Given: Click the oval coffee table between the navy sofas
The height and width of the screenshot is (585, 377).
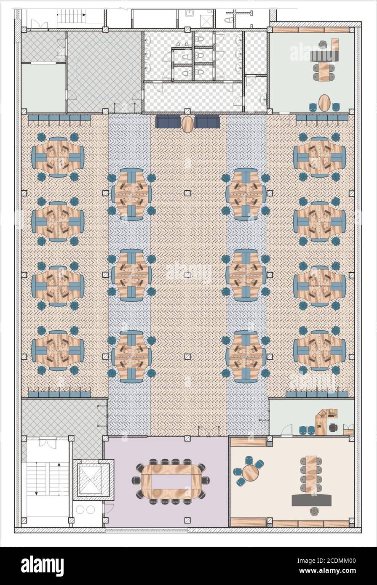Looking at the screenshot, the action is click(187, 124).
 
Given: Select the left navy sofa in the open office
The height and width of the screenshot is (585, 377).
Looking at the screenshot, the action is click(168, 122).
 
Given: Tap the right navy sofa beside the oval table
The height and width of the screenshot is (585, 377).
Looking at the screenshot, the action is click(207, 122).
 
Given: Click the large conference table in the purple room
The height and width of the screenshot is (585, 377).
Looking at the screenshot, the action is click(171, 480).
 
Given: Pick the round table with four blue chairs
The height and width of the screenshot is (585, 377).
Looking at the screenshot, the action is click(250, 473).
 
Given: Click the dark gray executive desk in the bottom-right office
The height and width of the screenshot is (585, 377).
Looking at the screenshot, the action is click(312, 500).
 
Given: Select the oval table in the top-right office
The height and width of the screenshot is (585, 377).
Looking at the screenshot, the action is click(324, 103).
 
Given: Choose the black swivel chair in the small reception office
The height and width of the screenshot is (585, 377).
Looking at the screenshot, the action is click(333, 427).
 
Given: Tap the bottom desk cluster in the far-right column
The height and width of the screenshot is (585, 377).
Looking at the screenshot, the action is click(319, 351).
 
